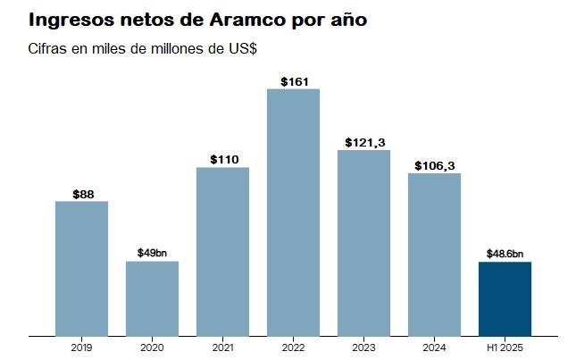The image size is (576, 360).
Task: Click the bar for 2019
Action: pyautogui.click(x=81, y=268)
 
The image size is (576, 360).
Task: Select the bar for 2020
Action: pyautogui.click(x=152, y=298)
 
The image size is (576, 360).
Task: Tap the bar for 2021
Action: pyautogui.click(x=222, y=251)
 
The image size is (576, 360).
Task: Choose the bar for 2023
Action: pyautogui.click(x=363, y=242)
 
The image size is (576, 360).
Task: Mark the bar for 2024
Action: pyautogui.click(x=434, y=254)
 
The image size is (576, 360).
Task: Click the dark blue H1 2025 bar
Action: pyautogui.click(x=505, y=298)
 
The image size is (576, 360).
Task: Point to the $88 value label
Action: pyautogui.click(x=81, y=193)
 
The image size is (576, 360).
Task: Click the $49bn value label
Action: pyautogui.click(x=152, y=253)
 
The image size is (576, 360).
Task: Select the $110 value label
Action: pyautogui.click(x=222, y=159)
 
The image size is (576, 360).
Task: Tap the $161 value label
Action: pyautogui.click(x=294, y=81)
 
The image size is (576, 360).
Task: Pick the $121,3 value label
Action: pyautogui.click(x=364, y=142)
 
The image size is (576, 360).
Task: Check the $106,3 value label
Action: pyautogui.click(x=435, y=165)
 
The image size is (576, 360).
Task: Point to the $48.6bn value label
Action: pyautogui.click(x=505, y=253)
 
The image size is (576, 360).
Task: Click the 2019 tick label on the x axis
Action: pyautogui.click(x=81, y=347)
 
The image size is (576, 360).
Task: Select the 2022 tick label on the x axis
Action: pyautogui.click(x=293, y=347)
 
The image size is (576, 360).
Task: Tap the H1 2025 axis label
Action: pyautogui.click(x=505, y=347)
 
